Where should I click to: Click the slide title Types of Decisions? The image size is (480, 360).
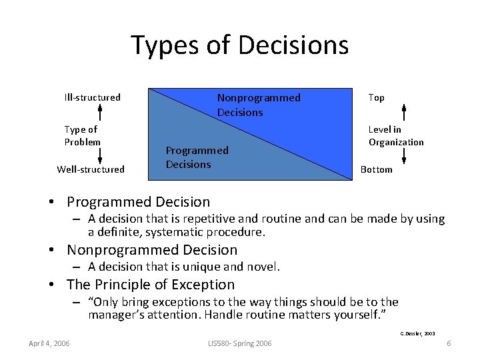[239, 45]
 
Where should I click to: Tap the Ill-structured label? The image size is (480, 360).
[92, 97]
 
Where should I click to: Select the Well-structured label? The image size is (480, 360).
[91, 169]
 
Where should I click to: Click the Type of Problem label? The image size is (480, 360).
[83, 135]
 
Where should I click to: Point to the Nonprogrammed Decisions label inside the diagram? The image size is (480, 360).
[259, 105]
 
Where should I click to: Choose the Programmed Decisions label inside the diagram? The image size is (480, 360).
[197, 157]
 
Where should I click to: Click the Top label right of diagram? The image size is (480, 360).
[376, 97]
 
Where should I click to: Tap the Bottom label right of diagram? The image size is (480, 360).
[377, 169]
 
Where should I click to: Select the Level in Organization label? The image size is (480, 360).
[396, 135]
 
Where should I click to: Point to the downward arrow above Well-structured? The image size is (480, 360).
[100, 155]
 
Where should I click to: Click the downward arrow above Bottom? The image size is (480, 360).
[404, 155]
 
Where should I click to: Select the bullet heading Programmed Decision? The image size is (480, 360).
[138, 202]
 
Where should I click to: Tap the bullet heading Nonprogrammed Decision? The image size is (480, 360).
[152, 250]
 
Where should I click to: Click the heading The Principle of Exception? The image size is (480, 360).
[151, 285]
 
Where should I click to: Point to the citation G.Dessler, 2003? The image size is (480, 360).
[417, 333]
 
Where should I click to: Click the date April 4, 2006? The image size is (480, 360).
[49, 343]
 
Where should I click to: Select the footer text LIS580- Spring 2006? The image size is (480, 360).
[239, 343]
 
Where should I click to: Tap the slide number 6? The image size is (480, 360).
[449, 343]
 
